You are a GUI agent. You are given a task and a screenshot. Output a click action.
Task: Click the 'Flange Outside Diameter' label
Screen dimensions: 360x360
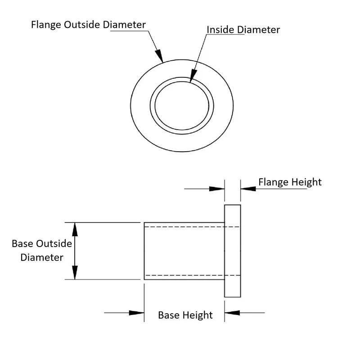click(x=88, y=24)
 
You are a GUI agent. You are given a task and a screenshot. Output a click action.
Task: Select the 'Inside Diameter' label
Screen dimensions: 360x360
click(x=243, y=30)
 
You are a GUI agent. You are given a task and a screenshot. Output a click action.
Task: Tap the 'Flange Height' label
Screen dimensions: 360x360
click(x=290, y=182)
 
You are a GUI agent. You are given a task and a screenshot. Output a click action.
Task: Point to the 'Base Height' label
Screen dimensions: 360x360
click(x=185, y=315)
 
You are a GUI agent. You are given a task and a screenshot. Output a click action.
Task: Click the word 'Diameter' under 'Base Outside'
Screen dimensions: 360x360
click(x=42, y=258)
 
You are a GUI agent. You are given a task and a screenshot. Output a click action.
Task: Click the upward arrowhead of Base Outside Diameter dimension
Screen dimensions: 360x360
click(x=75, y=229)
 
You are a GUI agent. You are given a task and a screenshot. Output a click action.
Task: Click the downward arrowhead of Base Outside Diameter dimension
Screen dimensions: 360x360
click(x=75, y=273)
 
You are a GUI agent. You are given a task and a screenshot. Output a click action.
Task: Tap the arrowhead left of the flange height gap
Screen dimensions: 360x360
click(x=218, y=189)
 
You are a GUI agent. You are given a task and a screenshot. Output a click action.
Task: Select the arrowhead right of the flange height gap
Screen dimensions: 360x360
click(x=247, y=189)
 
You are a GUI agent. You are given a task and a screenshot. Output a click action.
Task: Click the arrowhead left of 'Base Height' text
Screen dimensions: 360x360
click(x=137, y=312)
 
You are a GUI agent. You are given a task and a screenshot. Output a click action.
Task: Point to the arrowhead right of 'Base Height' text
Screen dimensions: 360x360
click(x=232, y=312)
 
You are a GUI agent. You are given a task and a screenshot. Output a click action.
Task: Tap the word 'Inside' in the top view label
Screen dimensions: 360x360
click(x=220, y=30)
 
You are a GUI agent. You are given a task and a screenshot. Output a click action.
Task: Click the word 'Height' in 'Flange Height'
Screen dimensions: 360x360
click(x=306, y=182)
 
